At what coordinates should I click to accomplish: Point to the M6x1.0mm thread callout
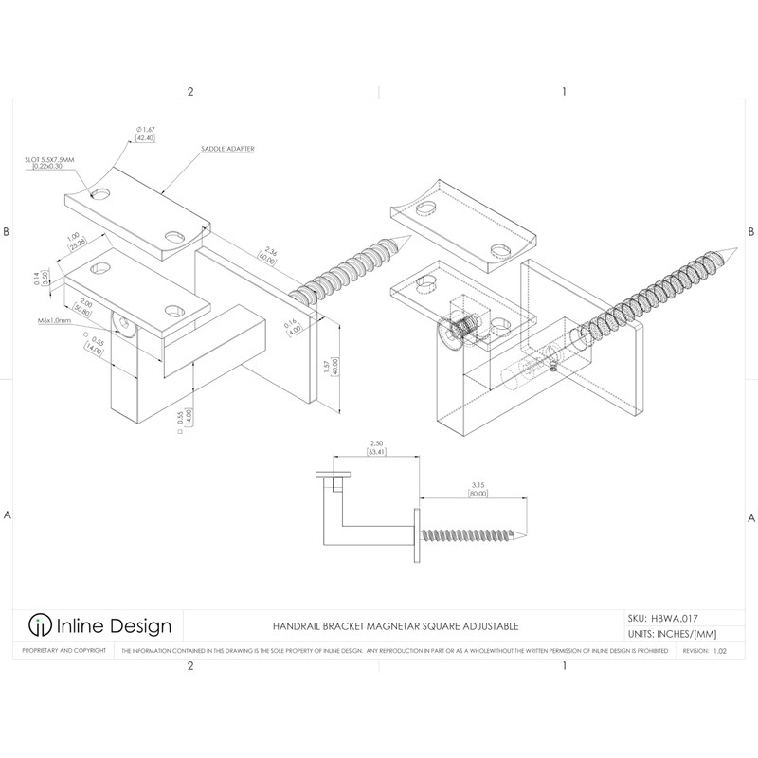point(55,321)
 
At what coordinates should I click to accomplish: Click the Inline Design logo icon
point(39,625)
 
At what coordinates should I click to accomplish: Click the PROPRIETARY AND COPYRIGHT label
point(60,652)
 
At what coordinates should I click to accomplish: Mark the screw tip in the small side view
point(522,536)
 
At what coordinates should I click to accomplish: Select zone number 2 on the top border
point(190,92)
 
